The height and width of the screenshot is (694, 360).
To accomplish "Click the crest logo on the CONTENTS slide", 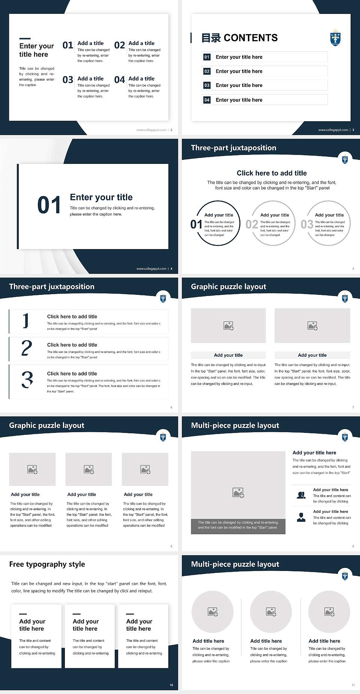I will [x=335, y=38].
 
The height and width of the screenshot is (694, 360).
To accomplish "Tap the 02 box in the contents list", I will [x=207, y=71].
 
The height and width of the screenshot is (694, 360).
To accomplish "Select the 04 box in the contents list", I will [x=207, y=100].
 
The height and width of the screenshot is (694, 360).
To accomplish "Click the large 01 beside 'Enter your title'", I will [x=49, y=205].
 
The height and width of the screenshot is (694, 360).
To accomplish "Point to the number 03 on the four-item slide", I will [x=68, y=80].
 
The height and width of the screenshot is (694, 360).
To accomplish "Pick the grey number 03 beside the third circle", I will [x=307, y=224].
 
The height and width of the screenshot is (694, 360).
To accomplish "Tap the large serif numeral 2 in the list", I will [x=27, y=348].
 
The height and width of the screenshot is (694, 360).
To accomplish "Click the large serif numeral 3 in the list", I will [x=27, y=380].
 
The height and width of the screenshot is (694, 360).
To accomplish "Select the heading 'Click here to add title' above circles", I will [x=271, y=173].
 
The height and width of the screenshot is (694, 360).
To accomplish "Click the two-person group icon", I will [x=301, y=495].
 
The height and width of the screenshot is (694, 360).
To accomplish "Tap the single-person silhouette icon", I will [x=301, y=517].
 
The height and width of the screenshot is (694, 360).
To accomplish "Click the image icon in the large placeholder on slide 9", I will [x=238, y=493].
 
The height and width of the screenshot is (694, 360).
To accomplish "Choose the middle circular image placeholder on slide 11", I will [x=271, y=612].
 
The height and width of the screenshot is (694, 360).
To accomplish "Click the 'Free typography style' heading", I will [x=47, y=564].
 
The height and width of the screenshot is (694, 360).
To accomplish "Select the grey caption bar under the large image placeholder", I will [x=238, y=525].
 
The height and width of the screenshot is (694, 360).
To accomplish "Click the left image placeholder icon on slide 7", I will [x=228, y=326].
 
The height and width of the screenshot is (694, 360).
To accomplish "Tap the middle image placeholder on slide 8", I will [x=88, y=469].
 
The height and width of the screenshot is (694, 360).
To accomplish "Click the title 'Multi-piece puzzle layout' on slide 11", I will [x=235, y=564].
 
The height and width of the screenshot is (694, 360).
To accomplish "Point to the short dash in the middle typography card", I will [x=76, y=614].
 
